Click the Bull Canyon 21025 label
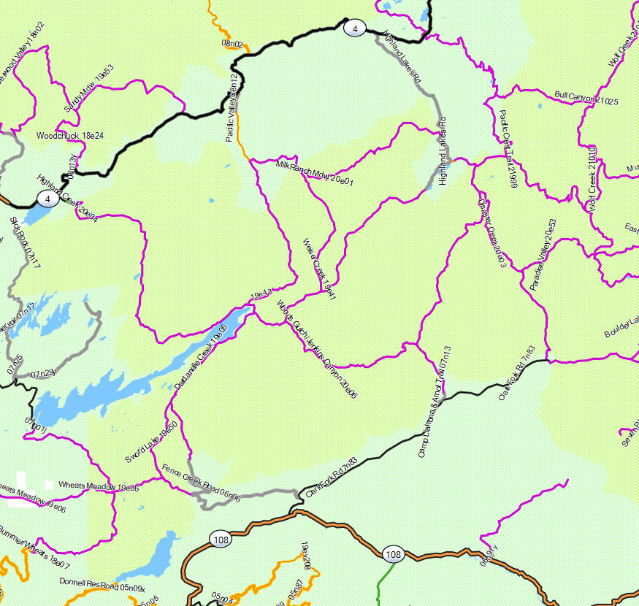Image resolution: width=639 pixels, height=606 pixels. click(586, 98)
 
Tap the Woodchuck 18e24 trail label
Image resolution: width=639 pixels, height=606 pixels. click(70, 136)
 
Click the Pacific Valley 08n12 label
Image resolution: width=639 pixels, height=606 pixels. click(233, 108)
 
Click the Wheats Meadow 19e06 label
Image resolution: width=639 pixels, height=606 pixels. click(98, 486)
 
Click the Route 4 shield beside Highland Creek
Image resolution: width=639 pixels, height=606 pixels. click(47, 199)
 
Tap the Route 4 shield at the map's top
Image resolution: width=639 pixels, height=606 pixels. click(354, 28)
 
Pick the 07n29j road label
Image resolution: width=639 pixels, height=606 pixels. click(44, 374)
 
